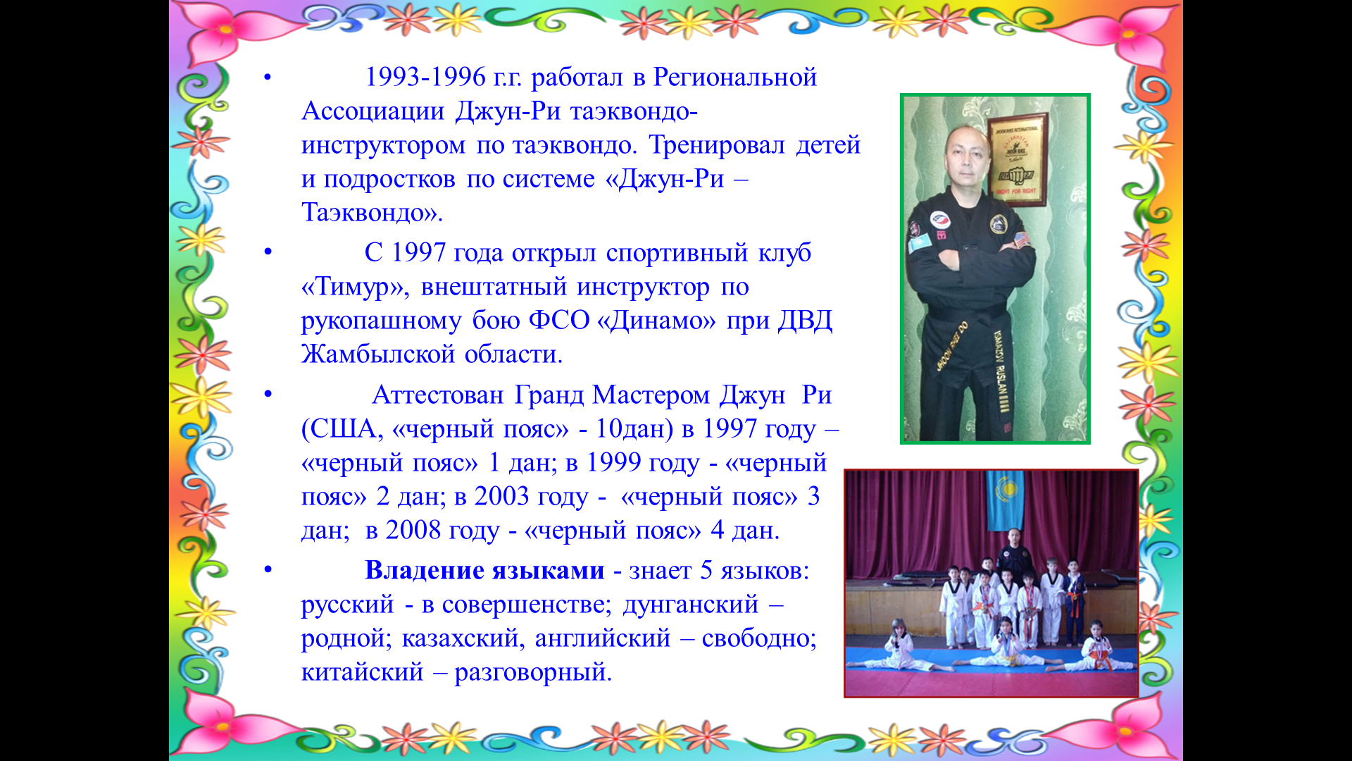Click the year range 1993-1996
point(425,77)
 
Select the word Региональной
point(735,77)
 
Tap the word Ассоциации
point(373,111)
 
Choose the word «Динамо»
point(656,321)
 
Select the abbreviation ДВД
point(805,321)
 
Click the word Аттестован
point(438,395)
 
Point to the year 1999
point(613,462)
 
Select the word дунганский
point(691,605)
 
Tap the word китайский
point(363,672)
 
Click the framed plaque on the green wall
point(1016,161)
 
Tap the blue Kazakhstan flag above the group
point(1005,500)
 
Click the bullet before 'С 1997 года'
point(268,252)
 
